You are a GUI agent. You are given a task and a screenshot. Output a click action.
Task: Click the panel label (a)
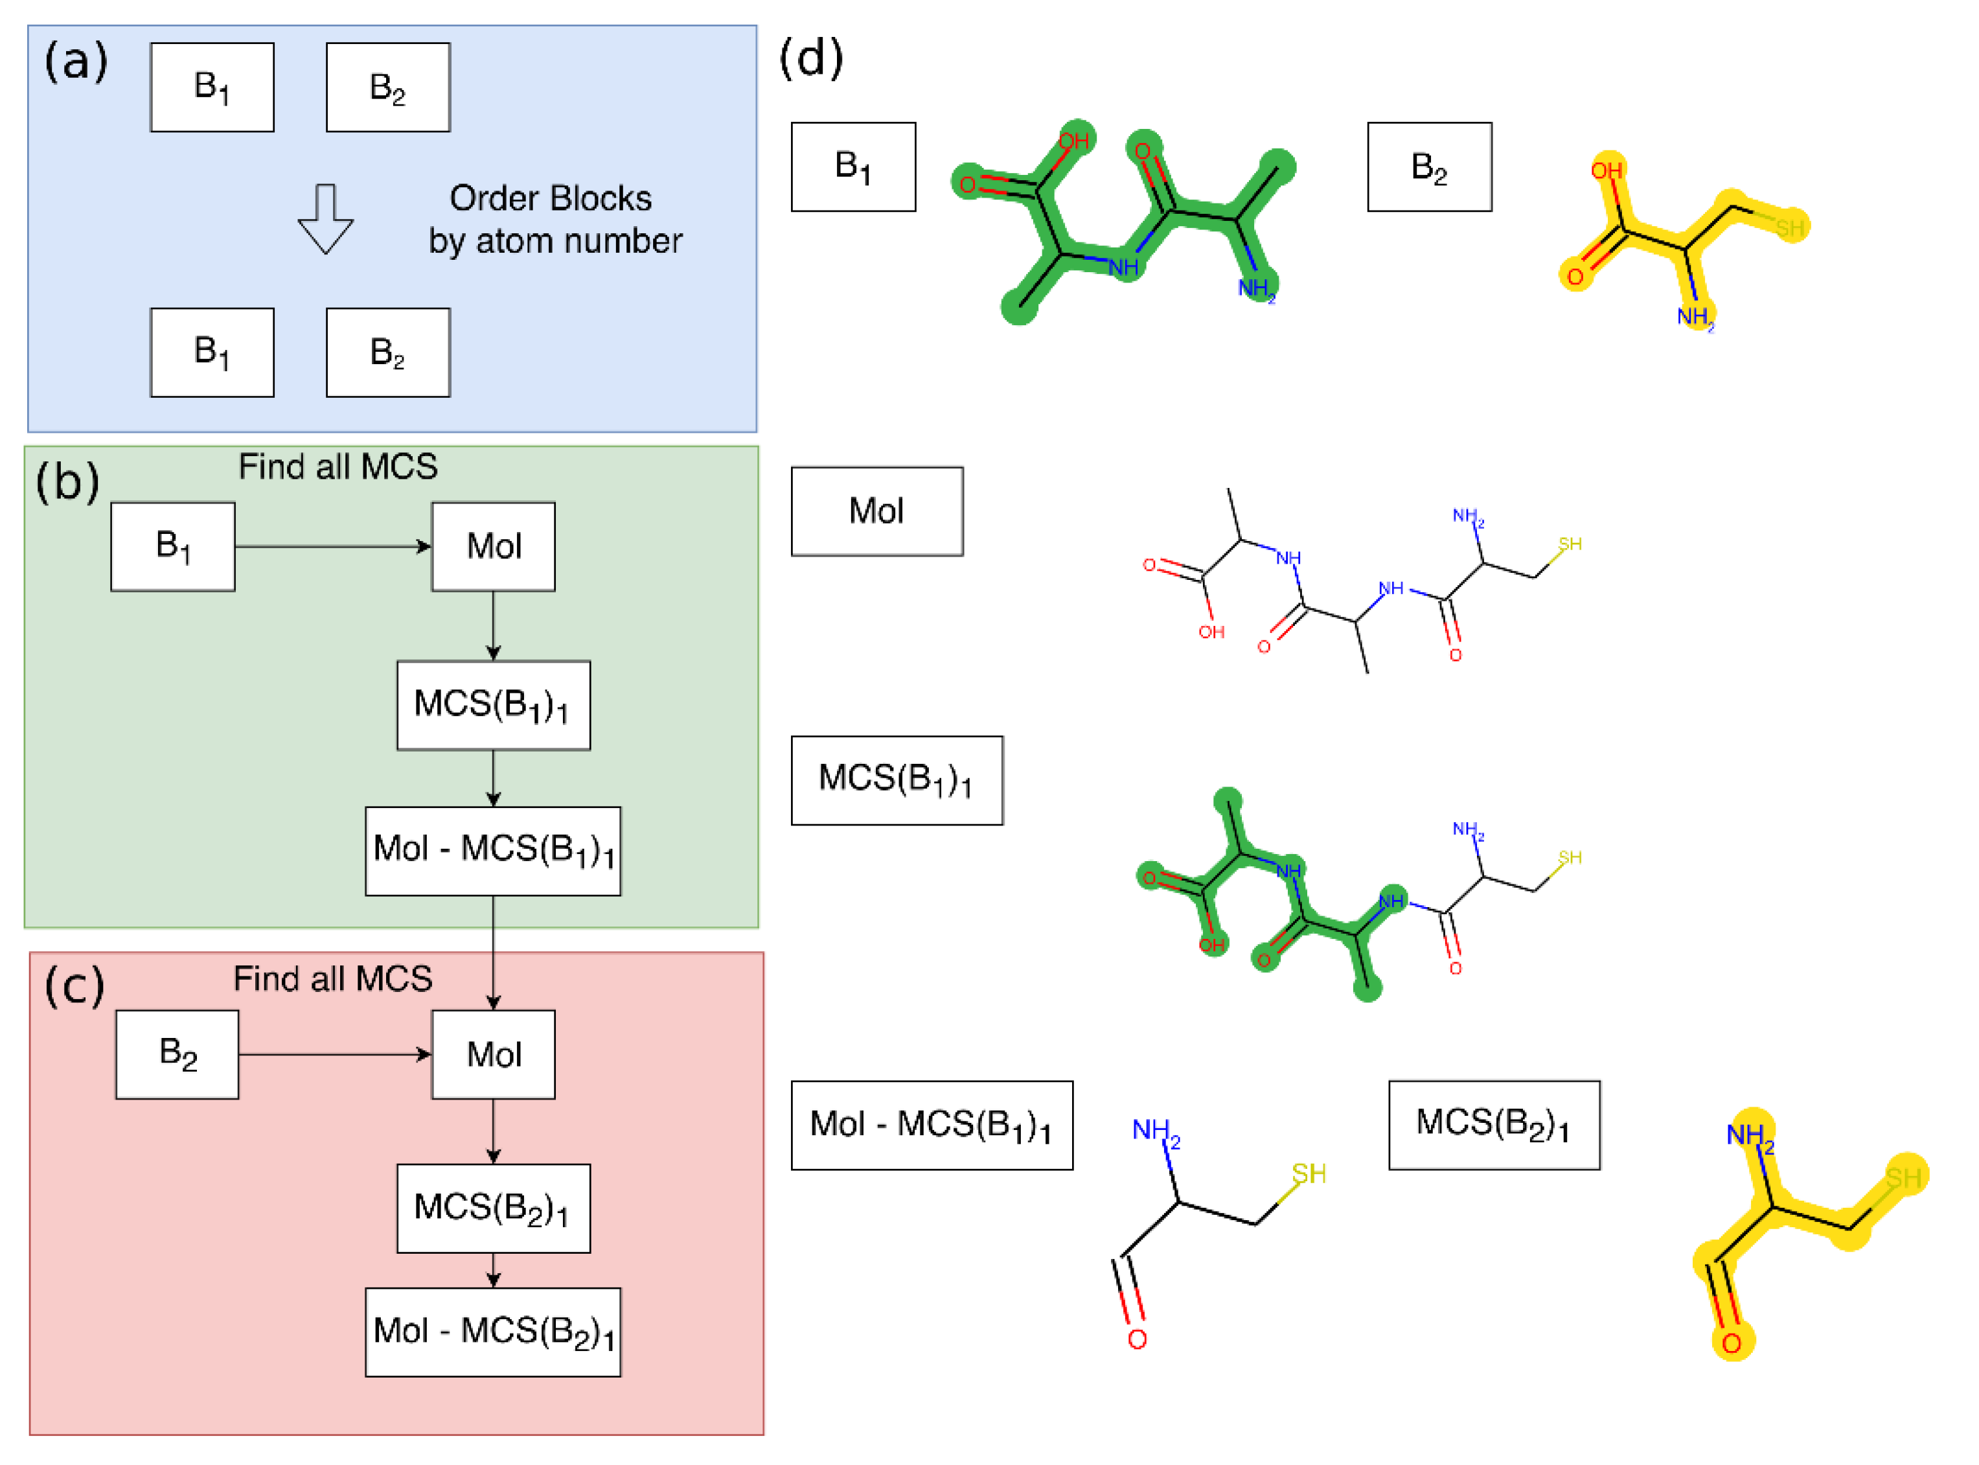click(x=76, y=62)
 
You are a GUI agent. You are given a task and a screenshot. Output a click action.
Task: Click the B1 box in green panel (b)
click(x=173, y=546)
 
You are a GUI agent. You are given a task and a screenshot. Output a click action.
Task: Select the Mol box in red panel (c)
click(x=493, y=1054)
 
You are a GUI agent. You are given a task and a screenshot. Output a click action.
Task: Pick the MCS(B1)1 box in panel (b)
click(x=493, y=705)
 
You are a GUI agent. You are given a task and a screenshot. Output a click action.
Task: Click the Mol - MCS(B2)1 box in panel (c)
click(x=493, y=1332)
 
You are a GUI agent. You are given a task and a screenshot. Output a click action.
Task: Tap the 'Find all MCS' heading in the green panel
click(x=337, y=467)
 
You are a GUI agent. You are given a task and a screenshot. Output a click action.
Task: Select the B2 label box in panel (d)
click(x=1429, y=167)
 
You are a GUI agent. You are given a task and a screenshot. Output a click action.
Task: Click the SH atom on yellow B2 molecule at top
click(x=1789, y=228)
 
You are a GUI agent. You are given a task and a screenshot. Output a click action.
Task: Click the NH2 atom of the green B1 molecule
click(x=1255, y=288)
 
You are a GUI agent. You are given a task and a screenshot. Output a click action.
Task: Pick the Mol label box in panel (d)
click(x=877, y=512)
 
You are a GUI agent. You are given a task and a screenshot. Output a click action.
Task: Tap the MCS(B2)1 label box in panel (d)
click(x=1494, y=1124)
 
